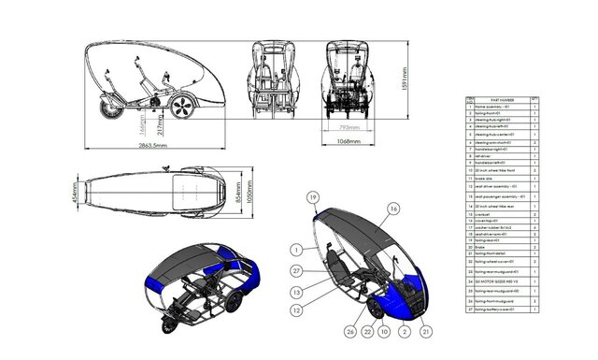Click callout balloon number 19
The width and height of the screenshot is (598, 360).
pos(314,195)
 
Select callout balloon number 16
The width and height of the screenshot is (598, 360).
pos(393,209)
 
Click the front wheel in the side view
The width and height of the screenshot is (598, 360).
pos(184,105)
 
